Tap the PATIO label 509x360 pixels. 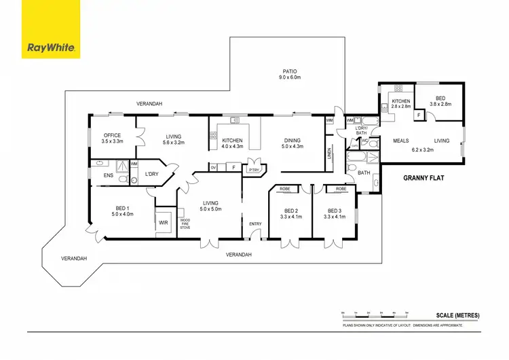291,71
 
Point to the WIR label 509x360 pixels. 163,222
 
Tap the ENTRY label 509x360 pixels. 255,224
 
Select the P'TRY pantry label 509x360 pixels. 254,170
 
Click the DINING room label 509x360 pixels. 293,141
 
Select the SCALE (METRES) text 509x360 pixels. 458,316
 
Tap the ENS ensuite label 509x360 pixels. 109,175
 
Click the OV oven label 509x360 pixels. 214,166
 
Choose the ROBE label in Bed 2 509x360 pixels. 284,189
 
